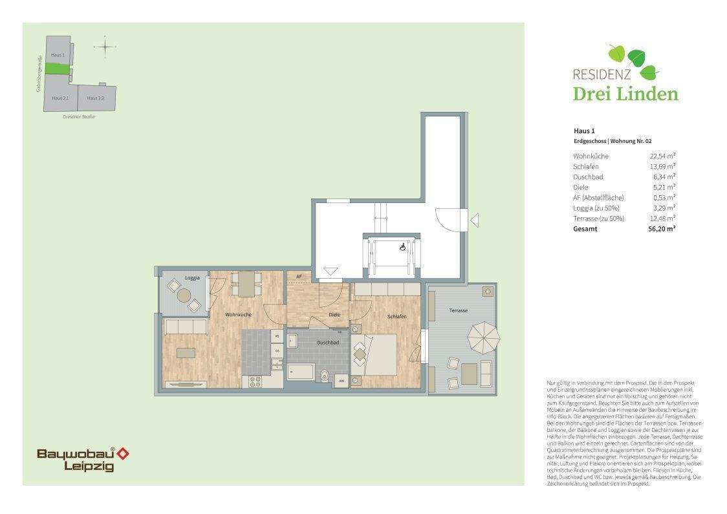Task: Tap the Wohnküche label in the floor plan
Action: coord(238,315)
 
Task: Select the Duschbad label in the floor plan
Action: coord(327,343)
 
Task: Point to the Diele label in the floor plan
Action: coord(334,315)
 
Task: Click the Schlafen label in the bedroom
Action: coord(396,317)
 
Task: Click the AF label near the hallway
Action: coord(299,277)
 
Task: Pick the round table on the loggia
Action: coord(184,295)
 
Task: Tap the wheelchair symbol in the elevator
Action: coord(402,246)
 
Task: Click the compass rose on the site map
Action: coord(105,47)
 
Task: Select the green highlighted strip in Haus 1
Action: coord(58,69)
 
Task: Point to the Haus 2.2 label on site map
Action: coord(96,98)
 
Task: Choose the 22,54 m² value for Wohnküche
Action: coord(662,156)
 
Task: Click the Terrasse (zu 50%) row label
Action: coord(598,218)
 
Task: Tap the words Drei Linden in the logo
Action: coord(625,94)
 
